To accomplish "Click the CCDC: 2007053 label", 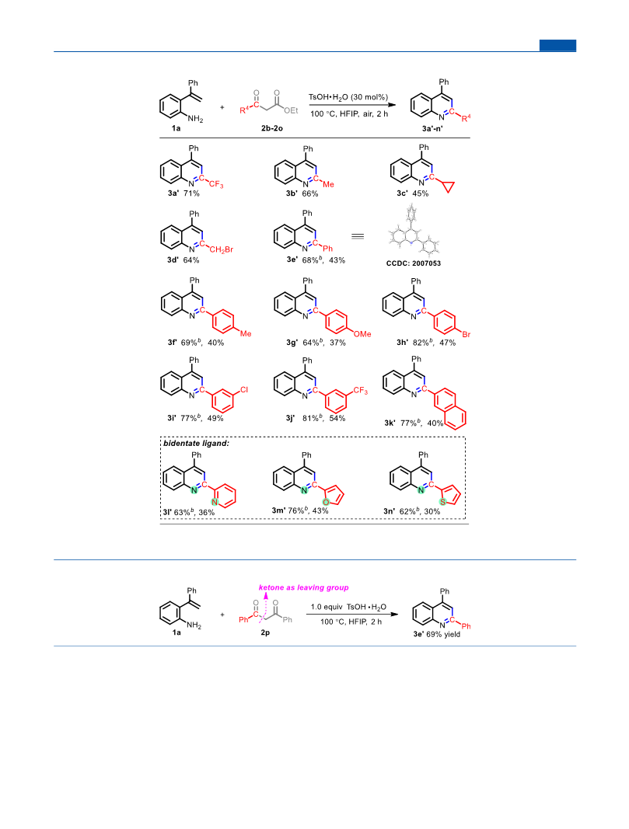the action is pyautogui.click(x=413, y=263).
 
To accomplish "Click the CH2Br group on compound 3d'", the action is pyautogui.click(x=221, y=249).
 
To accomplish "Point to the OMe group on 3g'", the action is pyautogui.click(x=362, y=334).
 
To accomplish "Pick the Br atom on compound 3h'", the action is pyautogui.click(x=466, y=334).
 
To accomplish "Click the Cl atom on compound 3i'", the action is pyautogui.click(x=244, y=390).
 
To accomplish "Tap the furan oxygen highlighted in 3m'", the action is pyautogui.click(x=326, y=502).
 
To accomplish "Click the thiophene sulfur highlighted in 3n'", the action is pyautogui.click(x=442, y=502).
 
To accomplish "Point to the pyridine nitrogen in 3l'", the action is pyautogui.click(x=215, y=502).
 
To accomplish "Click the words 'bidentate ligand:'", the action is pyautogui.click(x=196, y=444).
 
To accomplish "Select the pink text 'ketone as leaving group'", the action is pyautogui.click(x=304, y=587).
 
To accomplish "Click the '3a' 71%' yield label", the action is pyautogui.click(x=183, y=193).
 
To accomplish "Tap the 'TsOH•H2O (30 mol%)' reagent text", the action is pyautogui.click(x=348, y=97).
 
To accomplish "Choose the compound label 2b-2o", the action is pyautogui.click(x=272, y=128).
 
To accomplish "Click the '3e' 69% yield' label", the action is pyautogui.click(x=436, y=635).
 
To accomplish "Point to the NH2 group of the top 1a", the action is pyautogui.click(x=195, y=119).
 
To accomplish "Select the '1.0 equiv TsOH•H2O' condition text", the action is pyautogui.click(x=348, y=607).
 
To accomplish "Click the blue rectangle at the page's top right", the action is pyautogui.click(x=557, y=46).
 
